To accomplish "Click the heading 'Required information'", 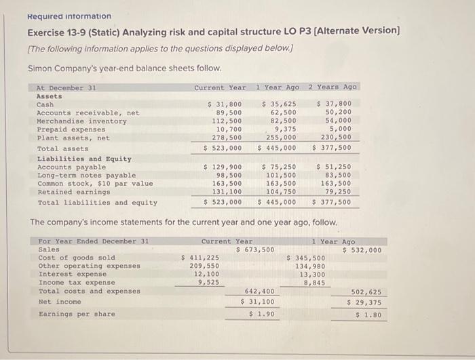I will pos(69,16).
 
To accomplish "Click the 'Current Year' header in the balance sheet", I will pos(220,87).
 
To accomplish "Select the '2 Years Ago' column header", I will pos(332,87).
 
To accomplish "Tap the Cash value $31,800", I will pos(224,104).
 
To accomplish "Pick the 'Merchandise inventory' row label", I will pos(81,121).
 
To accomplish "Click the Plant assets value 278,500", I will pos(228,138).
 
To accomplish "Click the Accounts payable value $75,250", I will pos(279,167).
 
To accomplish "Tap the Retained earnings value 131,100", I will pos(228,193).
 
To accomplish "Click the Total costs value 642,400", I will pos(260,292).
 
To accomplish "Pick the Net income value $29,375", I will pos(364,302).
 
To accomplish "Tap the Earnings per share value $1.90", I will pos(261,314).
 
